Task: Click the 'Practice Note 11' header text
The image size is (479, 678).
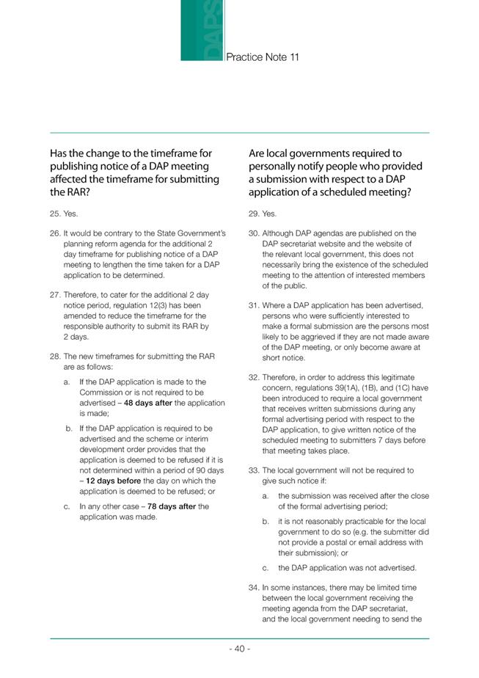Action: (263, 56)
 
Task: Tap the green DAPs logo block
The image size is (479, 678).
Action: (202, 31)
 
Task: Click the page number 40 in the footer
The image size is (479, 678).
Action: (239, 649)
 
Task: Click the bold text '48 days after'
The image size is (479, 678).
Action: (150, 403)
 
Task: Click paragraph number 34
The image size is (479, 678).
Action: (254, 587)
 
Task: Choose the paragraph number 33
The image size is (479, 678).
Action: (254, 470)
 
